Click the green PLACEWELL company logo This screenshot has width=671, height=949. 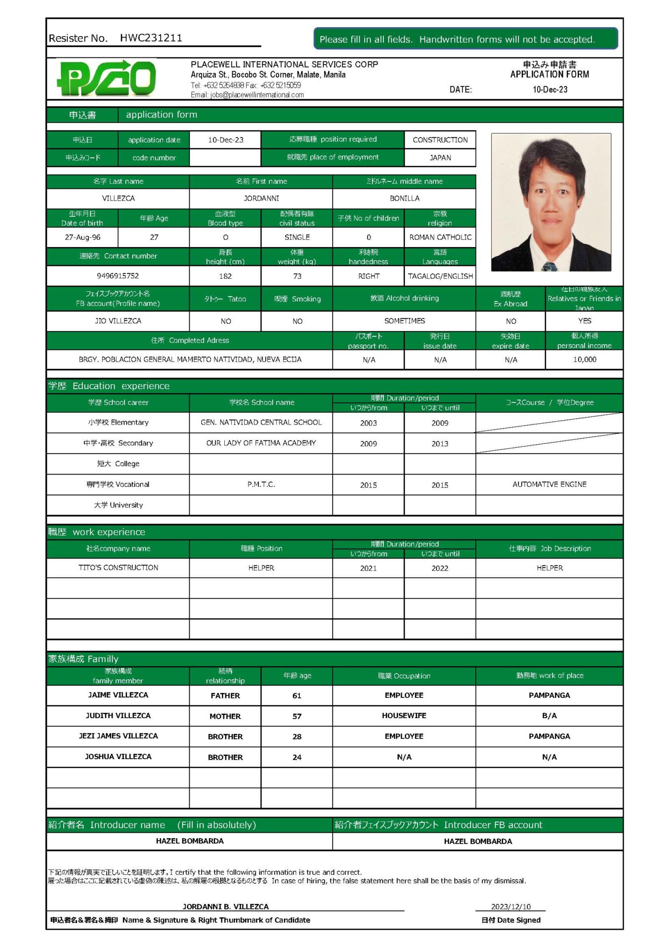tap(107, 78)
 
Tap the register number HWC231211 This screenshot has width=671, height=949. tap(151, 38)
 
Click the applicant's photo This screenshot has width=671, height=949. tap(550, 202)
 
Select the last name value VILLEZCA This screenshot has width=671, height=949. tap(118, 198)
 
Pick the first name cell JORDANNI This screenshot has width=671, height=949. tap(261, 198)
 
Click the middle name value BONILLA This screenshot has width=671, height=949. tap(404, 198)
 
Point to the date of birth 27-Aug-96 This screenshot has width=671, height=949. tap(83, 237)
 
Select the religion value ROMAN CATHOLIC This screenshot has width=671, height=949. tap(440, 237)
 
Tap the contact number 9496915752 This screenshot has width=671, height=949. tap(118, 276)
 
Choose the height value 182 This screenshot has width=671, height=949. tap(225, 276)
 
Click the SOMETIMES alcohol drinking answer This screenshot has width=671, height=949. tap(404, 321)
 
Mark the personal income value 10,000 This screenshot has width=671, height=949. tap(584, 359)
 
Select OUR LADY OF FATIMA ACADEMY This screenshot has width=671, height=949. tap(261, 443)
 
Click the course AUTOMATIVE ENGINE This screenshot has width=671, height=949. tap(549, 484)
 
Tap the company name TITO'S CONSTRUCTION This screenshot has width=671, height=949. tap(118, 567)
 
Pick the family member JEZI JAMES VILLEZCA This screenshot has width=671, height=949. tap(118, 736)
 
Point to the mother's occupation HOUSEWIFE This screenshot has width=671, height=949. tap(404, 715)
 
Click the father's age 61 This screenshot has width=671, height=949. tap(296, 695)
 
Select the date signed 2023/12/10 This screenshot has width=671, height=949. tap(510, 906)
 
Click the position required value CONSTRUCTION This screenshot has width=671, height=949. tap(440, 140)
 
